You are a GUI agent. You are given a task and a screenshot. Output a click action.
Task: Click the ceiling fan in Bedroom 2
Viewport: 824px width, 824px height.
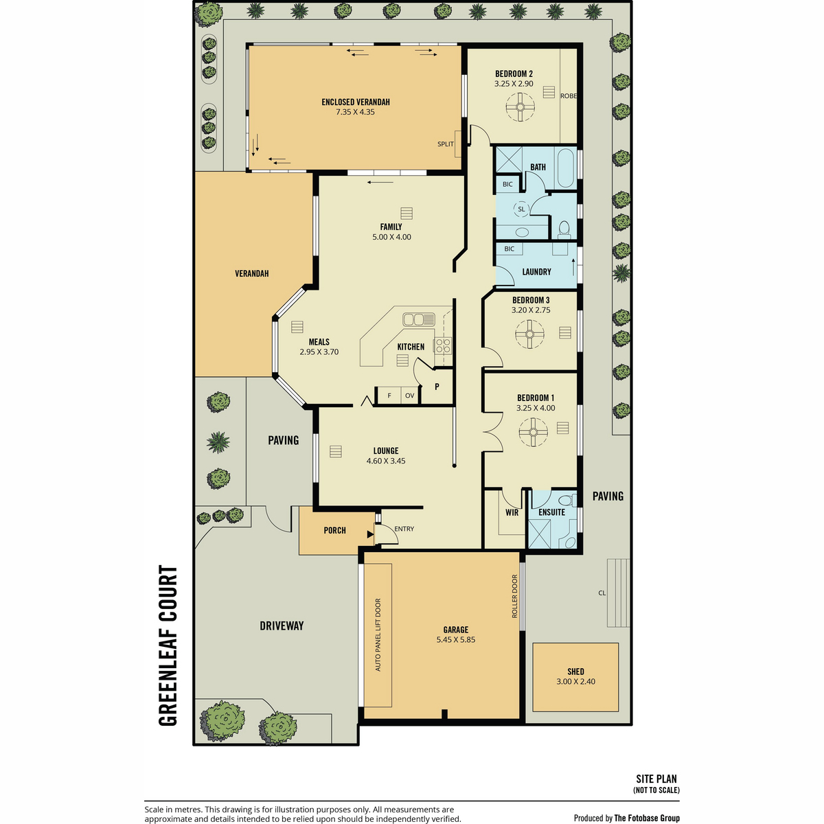tap(520, 106)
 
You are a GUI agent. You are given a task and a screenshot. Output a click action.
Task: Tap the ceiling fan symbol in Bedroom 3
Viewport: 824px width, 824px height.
tap(529, 334)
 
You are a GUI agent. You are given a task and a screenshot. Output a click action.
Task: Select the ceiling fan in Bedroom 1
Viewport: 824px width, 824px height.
tap(533, 432)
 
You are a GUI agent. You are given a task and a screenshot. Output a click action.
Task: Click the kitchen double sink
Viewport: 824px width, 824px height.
tap(419, 319)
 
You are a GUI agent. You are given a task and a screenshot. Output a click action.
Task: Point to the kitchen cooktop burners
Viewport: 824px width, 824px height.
tap(443, 345)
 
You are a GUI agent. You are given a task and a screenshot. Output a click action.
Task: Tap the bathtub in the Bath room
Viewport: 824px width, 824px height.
tap(566, 168)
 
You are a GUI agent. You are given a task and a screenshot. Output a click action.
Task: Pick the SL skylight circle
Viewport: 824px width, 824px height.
tap(520, 209)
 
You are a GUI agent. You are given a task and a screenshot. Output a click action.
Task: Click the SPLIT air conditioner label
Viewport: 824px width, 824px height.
tap(445, 144)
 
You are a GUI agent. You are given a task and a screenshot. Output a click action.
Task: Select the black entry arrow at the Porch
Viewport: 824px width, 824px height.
tap(370, 534)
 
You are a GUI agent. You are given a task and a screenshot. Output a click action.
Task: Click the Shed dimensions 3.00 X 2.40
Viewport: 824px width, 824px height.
tap(575, 682)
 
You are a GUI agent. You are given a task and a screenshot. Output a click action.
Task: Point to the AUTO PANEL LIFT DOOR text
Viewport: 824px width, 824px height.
tap(378, 634)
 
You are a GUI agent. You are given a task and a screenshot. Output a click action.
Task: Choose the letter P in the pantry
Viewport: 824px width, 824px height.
tap(437, 387)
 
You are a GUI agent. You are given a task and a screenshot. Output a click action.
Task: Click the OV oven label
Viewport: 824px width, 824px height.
tap(409, 396)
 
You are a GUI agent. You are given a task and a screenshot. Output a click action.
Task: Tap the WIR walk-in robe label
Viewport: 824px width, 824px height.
tap(512, 512)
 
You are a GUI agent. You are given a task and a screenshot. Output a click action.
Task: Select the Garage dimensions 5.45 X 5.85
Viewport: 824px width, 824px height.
tap(455, 640)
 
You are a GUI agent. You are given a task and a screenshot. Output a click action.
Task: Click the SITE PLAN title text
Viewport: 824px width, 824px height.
tap(656, 779)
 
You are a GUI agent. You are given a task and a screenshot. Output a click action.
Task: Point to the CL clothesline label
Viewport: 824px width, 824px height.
tap(602, 593)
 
